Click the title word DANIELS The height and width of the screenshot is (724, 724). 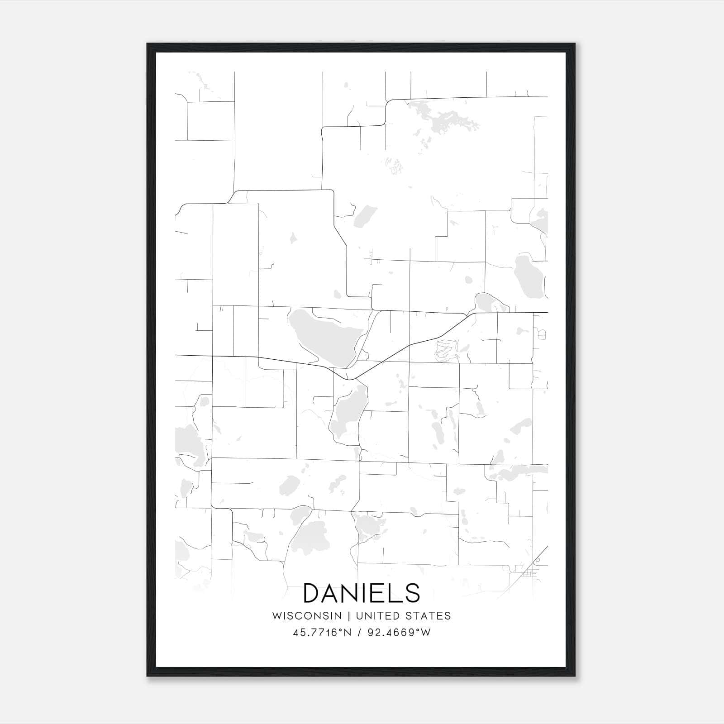coord(362,593)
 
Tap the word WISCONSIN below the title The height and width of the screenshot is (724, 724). coord(306,615)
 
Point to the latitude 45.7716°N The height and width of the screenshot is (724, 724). coord(322,633)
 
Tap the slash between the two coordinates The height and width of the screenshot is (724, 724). coord(358,633)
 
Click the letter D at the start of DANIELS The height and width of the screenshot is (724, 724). coord(313,593)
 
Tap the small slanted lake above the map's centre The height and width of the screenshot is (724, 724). coord(365,216)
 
